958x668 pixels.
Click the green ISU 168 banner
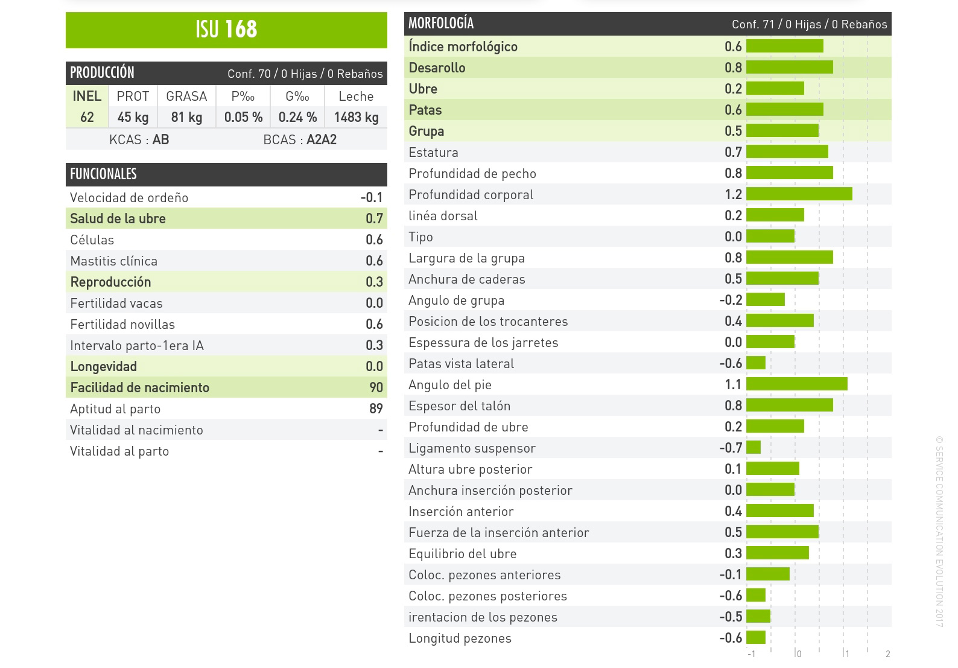click(226, 30)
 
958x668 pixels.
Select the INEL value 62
click(87, 117)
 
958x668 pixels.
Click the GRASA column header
click(186, 97)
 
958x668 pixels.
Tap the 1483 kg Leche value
click(356, 117)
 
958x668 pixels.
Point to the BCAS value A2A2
click(321, 140)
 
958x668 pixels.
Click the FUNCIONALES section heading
click(104, 174)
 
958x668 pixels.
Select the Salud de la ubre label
click(118, 218)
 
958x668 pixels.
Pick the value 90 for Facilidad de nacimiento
click(376, 387)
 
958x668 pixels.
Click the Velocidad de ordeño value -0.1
click(372, 197)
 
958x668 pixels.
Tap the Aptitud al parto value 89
click(376, 409)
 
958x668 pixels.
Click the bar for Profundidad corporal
click(799, 194)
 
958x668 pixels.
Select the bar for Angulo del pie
click(796, 384)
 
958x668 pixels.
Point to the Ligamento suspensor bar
click(753, 448)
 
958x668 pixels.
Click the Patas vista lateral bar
click(756, 363)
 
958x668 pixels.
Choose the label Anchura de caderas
click(466, 279)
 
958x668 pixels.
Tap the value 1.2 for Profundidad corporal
click(733, 194)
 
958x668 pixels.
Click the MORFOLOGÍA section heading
click(441, 24)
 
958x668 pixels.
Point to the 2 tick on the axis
click(887, 654)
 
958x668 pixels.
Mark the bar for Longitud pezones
click(756, 638)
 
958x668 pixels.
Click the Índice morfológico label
click(463, 46)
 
